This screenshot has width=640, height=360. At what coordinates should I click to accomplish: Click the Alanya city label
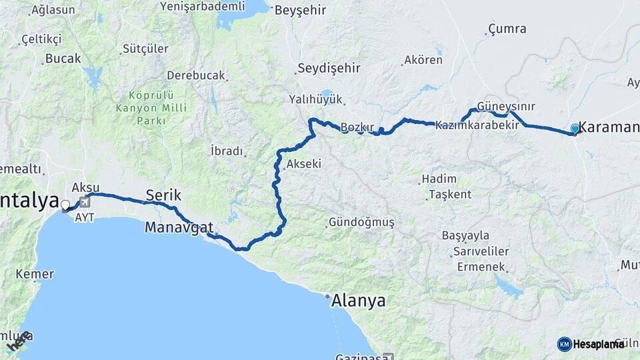click(359, 301)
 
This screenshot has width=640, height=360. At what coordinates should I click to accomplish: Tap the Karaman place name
click(609, 127)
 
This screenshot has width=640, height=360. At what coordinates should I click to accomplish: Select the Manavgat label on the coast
click(179, 227)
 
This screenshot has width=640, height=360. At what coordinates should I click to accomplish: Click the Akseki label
click(303, 163)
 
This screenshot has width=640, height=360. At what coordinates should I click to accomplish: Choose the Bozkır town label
click(357, 127)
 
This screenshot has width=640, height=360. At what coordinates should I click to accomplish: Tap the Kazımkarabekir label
click(477, 125)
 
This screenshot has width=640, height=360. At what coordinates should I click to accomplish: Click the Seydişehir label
click(329, 68)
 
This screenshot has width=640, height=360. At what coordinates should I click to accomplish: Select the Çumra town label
click(507, 29)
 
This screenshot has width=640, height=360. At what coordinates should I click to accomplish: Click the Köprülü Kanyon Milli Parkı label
click(151, 108)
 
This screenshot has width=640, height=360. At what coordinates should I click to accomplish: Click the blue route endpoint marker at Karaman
click(575, 128)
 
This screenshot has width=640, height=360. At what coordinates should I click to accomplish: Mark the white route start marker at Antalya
click(65, 205)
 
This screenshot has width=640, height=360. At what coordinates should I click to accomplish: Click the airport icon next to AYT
click(84, 202)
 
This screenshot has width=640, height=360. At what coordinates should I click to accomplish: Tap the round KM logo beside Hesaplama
click(564, 344)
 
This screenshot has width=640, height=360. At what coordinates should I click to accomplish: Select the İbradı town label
click(227, 151)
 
